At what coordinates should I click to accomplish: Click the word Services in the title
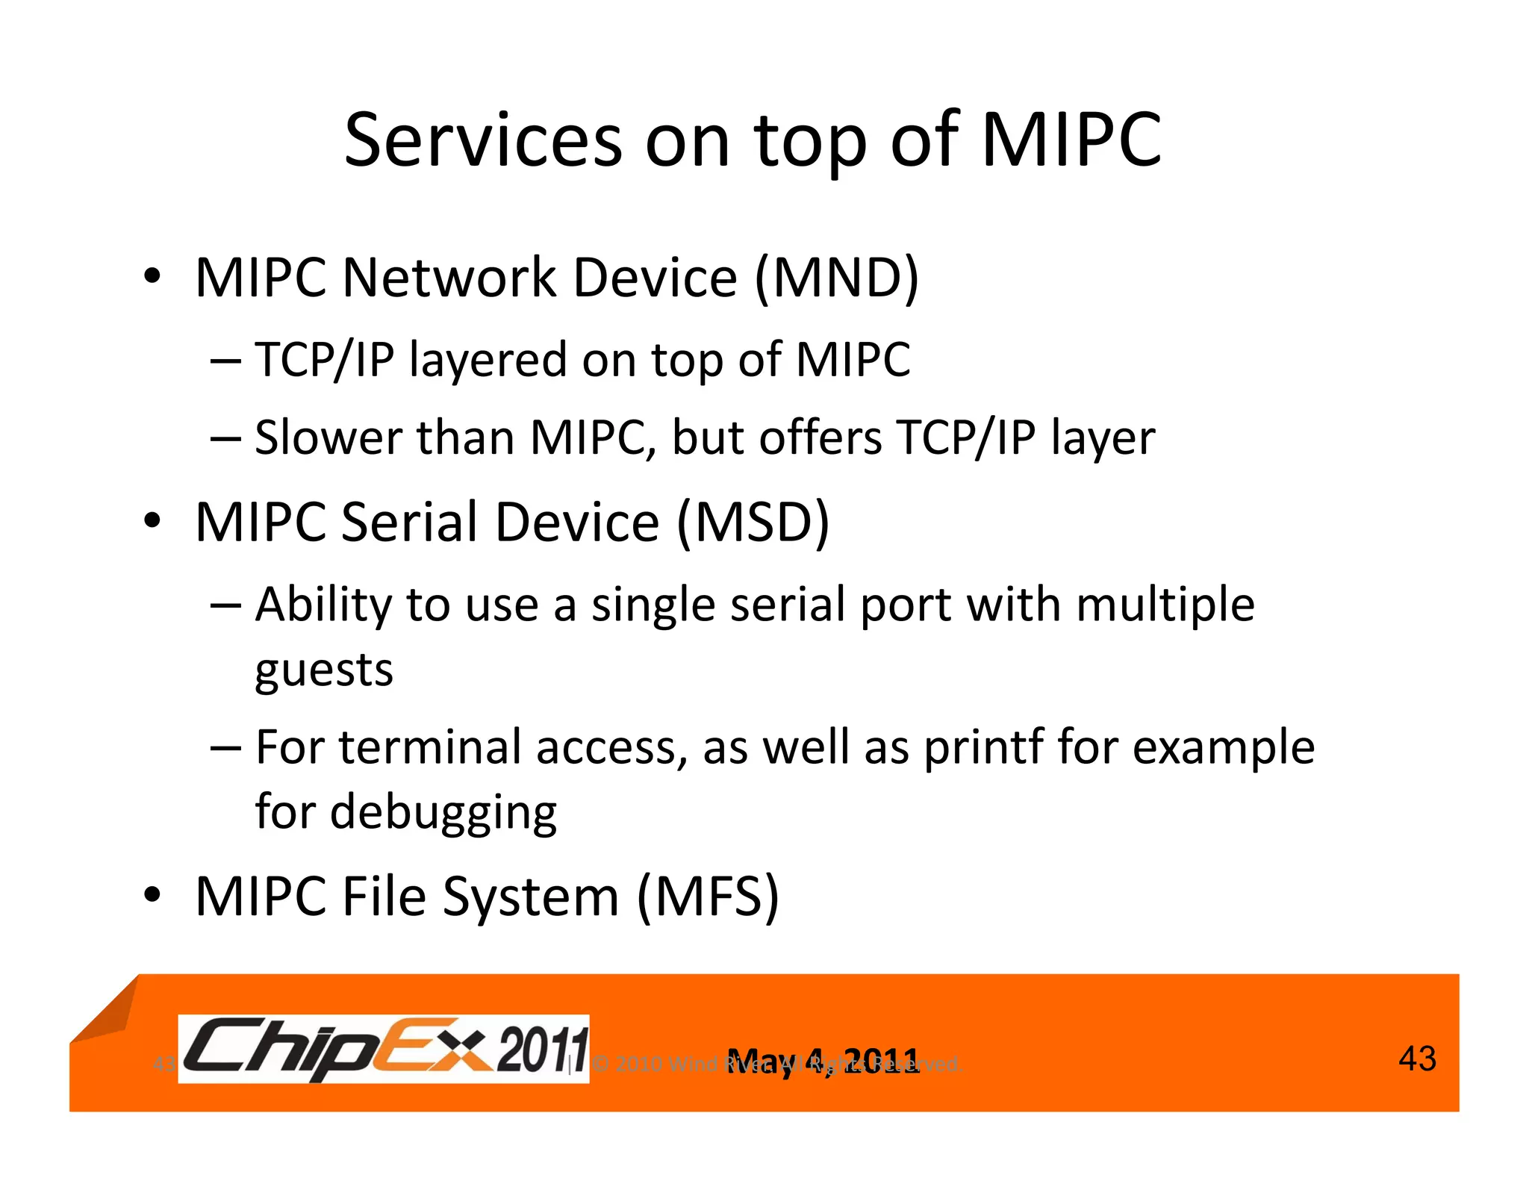click(x=482, y=140)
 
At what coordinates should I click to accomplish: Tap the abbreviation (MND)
click(x=837, y=278)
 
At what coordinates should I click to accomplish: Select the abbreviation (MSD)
click(x=753, y=522)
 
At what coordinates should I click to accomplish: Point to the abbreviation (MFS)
click(x=708, y=896)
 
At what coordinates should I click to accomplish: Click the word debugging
click(x=443, y=814)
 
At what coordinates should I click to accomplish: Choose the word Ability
click(x=323, y=605)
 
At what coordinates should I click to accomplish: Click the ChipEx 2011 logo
click(x=384, y=1049)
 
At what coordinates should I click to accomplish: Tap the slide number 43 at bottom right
click(x=1416, y=1059)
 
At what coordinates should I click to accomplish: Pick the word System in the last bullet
click(x=530, y=897)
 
